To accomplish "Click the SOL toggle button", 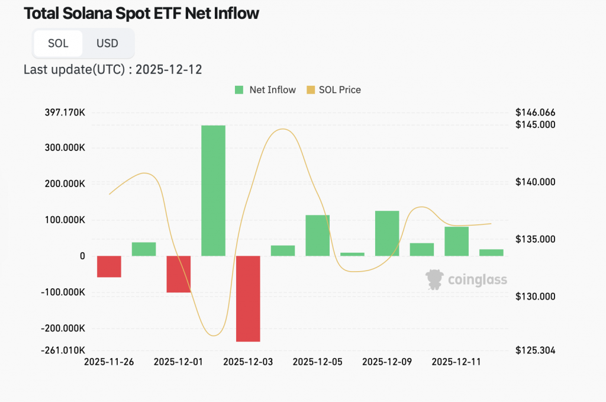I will pyautogui.click(x=58, y=43).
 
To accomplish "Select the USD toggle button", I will pyautogui.click(x=108, y=43).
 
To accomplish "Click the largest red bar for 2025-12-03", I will pyautogui.click(x=248, y=298).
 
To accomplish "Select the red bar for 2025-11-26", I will pyautogui.click(x=109, y=266).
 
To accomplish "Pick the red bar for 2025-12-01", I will pyautogui.click(x=178, y=274).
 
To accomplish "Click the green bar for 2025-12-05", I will pyautogui.click(x=317, y=236).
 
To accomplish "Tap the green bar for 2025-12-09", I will pyautogui.click(x=387, y=233).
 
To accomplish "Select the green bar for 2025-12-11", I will pyautogui.click(x=456, y=241).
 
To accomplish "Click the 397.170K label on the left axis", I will pyautogui.click(x=64, y=112).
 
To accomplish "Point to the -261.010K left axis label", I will pyautogui.click(x=63, y=350).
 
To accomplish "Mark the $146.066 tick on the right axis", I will pyautogui.click(x=535, y=112).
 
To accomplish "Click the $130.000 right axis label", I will pyautogui.click(x=535, y=297).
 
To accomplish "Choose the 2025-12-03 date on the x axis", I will pyautogui.click(x=248, y=362).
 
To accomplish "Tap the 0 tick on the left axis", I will pyautogui.click(x=82, y=256).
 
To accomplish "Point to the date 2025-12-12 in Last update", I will pyautogui.click(x=169, y=70).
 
